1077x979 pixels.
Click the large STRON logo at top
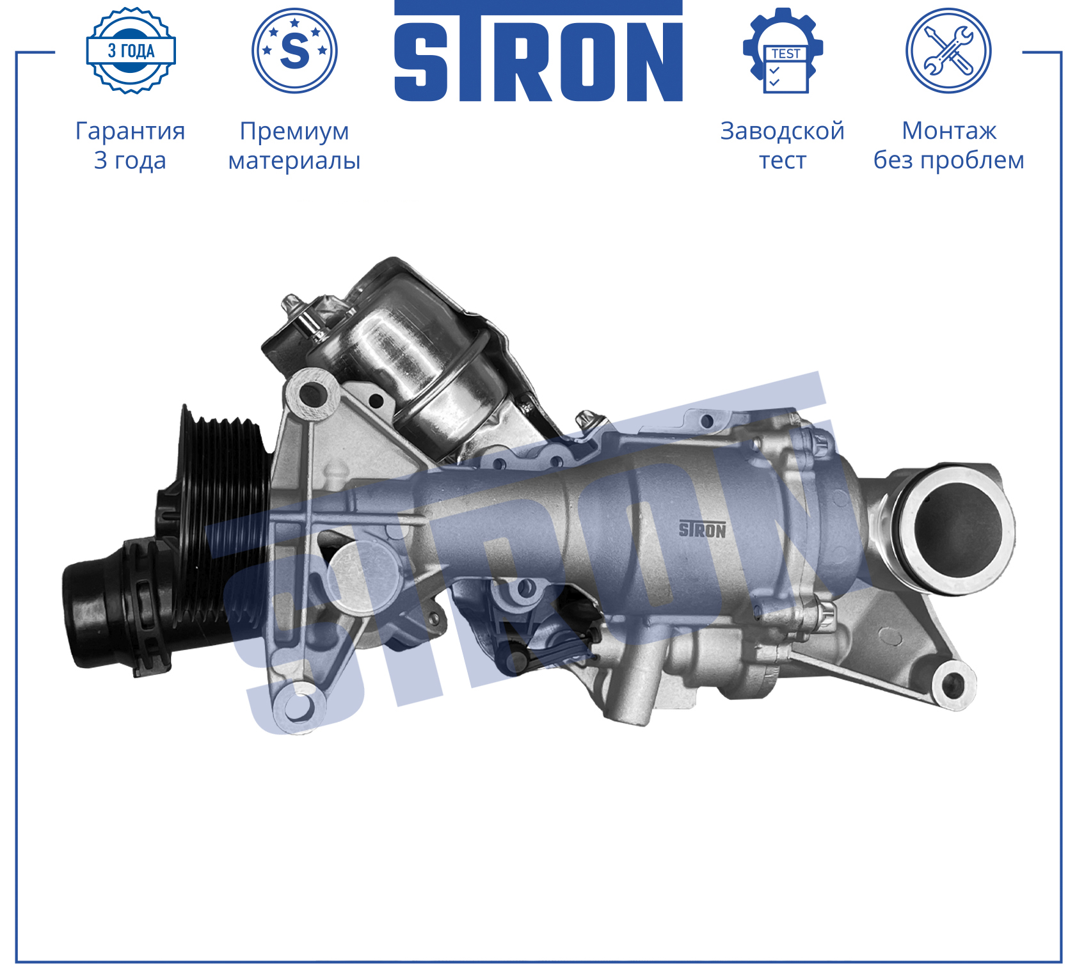pyautogui.click(x=538, y=51)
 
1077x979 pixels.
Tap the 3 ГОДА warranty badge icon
pyautogui.click(x=131, y=51)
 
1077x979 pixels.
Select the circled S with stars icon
pyautogui.click(x=294, y=51)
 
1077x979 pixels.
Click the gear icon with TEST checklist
pyautogui.click(x=783, y=51)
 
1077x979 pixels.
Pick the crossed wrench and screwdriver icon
pyautogui.click(x=948, y=51)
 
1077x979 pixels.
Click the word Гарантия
pyautogui.click(x=131, y=131)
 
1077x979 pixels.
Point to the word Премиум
pyautogui.click(x=294, y=132)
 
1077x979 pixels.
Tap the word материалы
pyautogui.click(x=294, y=161)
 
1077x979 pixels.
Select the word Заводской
pyautogui.click(x=783, y=131)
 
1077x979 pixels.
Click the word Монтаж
pyautogui.click(x=949, y=131)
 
